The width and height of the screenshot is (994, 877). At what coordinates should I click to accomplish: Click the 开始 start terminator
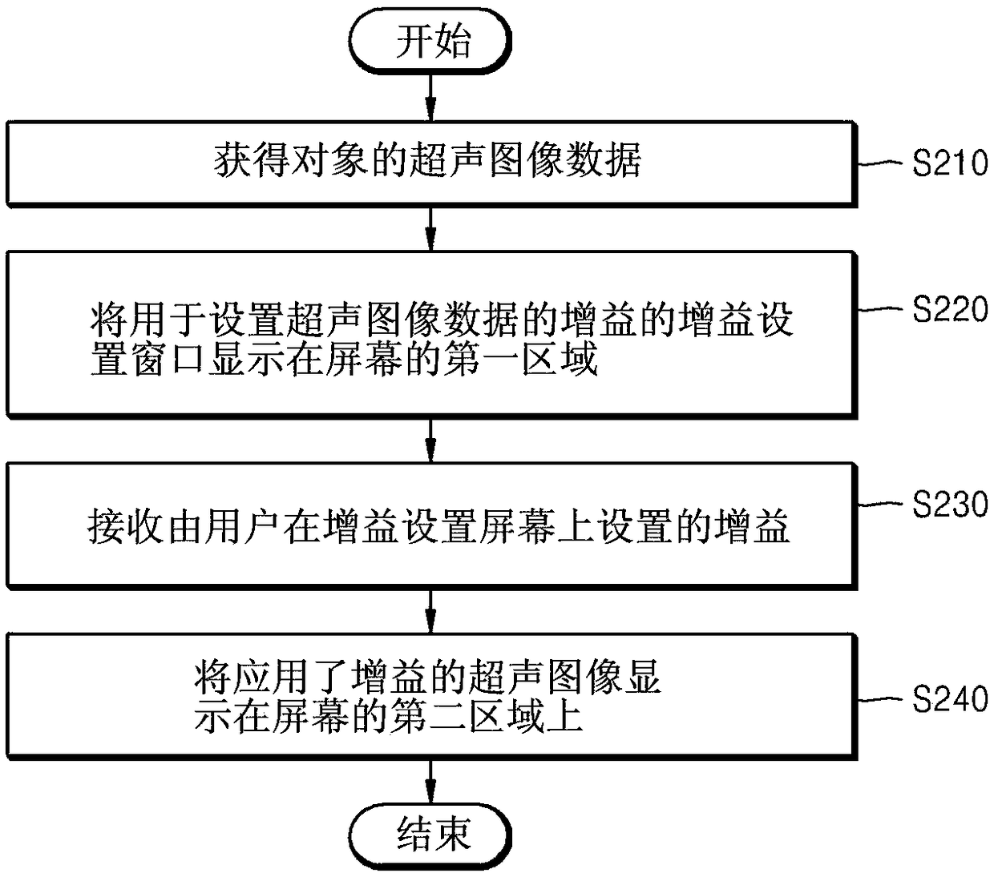(x=432, y=41)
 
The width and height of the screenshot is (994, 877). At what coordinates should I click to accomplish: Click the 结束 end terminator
(x=432, y=835)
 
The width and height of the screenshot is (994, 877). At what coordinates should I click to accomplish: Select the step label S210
(x=950, y=163)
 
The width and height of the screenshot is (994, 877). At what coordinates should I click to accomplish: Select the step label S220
(x=950, y=309)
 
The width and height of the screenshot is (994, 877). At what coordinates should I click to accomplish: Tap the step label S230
(x=950, y=505)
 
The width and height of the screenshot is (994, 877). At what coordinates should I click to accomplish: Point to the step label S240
(x=950, y=699)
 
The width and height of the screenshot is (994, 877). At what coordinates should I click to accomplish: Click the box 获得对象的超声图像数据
(x=431, y=163)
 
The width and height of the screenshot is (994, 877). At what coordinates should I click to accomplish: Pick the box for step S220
(x=431, y=334)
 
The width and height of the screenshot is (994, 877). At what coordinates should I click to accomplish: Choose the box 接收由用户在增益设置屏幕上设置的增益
(x=431, y=526)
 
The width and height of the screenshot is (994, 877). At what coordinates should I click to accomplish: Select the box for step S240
(x=431, y=696)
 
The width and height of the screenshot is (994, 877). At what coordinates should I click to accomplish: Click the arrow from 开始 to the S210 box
(x=431, y=96)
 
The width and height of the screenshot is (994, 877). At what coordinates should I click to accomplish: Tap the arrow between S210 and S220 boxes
(x=431, y=229)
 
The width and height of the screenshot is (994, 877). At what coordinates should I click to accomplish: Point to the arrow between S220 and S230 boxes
(x=431, y=440)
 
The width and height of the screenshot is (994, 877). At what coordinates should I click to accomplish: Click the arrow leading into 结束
(x=431, y=781)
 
